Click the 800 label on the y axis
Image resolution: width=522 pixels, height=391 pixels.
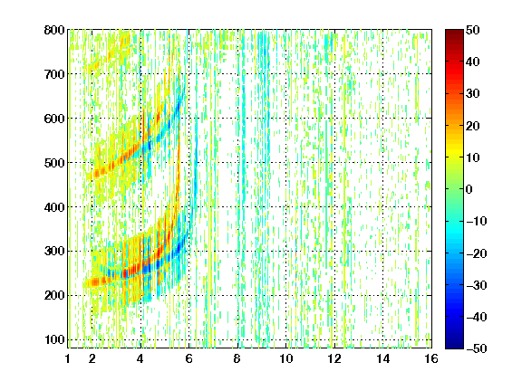pos(54,30)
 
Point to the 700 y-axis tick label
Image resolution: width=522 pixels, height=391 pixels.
pos(54,74)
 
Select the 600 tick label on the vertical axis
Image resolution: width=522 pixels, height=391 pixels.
pos(54,119)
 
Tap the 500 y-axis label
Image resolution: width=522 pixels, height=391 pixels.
pos(54,163)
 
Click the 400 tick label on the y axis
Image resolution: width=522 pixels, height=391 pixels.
pos(54,207)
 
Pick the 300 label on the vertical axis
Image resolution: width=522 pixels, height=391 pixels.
pos(54,251)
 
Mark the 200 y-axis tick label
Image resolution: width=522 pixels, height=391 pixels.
pos(54,295)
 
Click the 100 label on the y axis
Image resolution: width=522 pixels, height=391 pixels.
pos(54,339)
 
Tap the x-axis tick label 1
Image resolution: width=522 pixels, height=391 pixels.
pos(68,358)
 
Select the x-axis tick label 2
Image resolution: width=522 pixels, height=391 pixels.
pos(92,358)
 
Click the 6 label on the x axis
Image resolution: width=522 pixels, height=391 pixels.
pos(188,358)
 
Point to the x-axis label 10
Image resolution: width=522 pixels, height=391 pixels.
pos(285,358)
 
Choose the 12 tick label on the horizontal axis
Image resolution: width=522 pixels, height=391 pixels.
pos(334,358)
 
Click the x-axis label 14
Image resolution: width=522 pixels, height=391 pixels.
pos(382,358)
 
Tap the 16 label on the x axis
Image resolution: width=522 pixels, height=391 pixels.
pos(431,358)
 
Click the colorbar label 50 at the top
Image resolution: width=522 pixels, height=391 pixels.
pos(472,30)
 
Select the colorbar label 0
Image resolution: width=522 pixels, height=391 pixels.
pos(469,189)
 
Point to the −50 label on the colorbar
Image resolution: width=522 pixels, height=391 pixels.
pos(477,348)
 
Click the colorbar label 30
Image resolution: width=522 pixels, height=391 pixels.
pos(472,94)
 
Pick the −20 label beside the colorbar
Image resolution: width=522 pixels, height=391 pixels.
pos(477,253)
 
